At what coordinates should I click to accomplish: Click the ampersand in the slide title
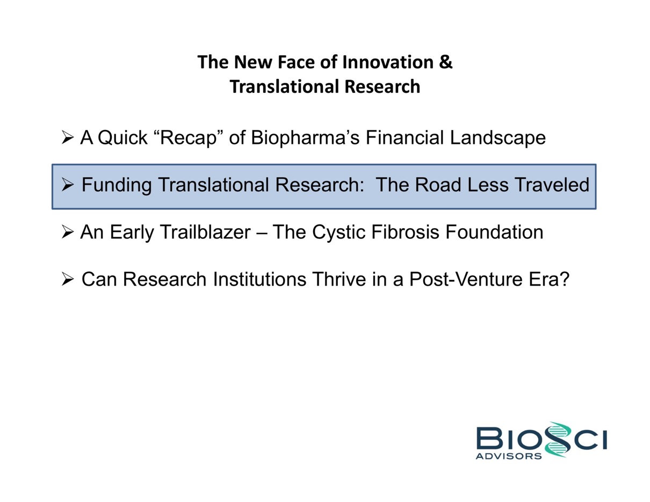point(446,62)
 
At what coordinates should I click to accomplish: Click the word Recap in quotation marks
point(188,138)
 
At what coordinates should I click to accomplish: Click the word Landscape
point(498,138)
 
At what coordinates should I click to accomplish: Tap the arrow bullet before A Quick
point(67,137)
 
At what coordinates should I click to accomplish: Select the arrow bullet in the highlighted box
point(67,185)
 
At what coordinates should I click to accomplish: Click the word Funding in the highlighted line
point(117,185)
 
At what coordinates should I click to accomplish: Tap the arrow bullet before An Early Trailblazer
point(67,232)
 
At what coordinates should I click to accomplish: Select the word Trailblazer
point(206,232)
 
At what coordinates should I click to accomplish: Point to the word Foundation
point(494,232)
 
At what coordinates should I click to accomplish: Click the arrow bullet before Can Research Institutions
point(67,279)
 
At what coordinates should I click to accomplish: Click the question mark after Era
point(564,279)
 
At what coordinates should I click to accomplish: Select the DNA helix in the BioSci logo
point(558,440)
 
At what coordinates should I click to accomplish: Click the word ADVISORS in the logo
point(509,456)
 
